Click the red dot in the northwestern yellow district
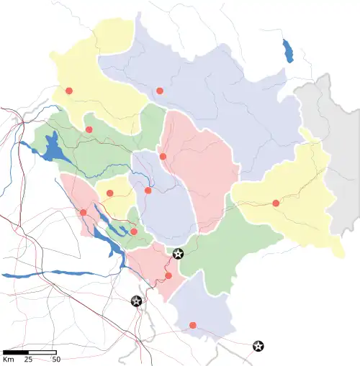[69, 91]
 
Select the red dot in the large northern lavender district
[160, 91]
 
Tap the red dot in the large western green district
[89, 129]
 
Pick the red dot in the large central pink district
[163, 156]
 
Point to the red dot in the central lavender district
[148, 191]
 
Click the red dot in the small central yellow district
[109, 193]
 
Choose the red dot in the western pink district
[83, 212]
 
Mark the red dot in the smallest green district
[134, 232]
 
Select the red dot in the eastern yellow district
[276, 203]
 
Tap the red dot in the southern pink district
[168, 275]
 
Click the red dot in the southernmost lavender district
[192, 325]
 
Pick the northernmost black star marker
[179, 253]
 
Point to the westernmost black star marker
[136, 301]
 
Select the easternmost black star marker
[258, 346]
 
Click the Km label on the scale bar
[9, 359]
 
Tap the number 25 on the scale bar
[29, 359]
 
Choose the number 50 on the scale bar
[56, 359]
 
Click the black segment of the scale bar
[15, 352]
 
